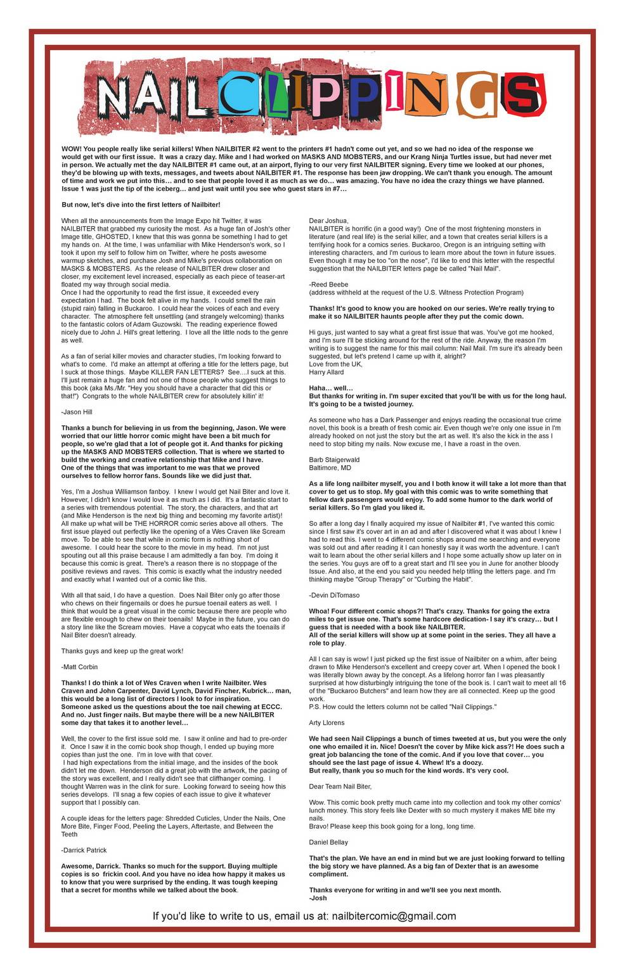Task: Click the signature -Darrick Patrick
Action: click(x=84, y=850)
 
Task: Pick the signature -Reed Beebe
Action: click(x=328, y=284)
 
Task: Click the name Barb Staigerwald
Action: click(x=334, y=459)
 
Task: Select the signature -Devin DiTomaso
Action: click(x=335, y=595)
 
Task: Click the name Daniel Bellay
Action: click(x=329, y=842)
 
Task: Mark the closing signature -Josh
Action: click(x=316, y=898)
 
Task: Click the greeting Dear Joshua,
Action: click(x=328, y=220)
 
